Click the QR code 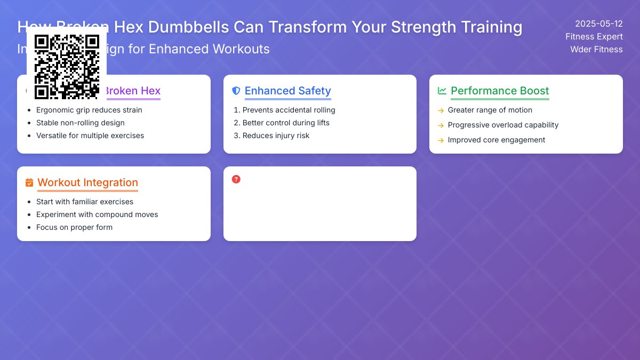pyautogui.click(x=67, y=67)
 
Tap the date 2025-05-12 pyautogui.click(x=598, y=24)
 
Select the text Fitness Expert pyautogui.click(x=594, y=37)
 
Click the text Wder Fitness pyautogui.click(x=596, y=50)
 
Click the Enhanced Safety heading pyautogui.click(x=287, y=91)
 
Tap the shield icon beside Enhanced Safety pyautogui.click(x=236, y=91)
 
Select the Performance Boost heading pyautogui.click(x=500, y=91)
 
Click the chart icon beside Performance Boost pyautogui.click(x=442, y=91)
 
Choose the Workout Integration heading pyautogui.click(x=87, y=182)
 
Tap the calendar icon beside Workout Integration pyautogui.click(x=29, y=182)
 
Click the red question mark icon pyautogui.click(x=236, y=179)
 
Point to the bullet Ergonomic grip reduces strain pyautogui.click(x=89, y=110)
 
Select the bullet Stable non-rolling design pyautogui.click(x=80, y=123)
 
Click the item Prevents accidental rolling pyautogui.click(x=289, y=110)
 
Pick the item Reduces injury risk pyautogui.click(x=276, y=135)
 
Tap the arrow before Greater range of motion pyautogui.click(x=441, y=110)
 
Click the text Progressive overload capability pyautogui.click(x=503, y=125)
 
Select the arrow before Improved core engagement pyautogui.click(x=441, y=140)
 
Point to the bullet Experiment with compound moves pyautogui.click(x=97, y=214)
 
